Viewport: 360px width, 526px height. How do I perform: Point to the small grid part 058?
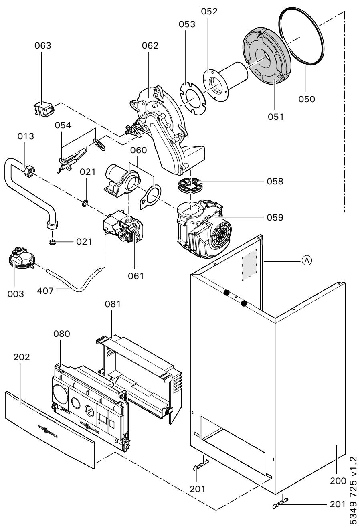coord(190,186)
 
